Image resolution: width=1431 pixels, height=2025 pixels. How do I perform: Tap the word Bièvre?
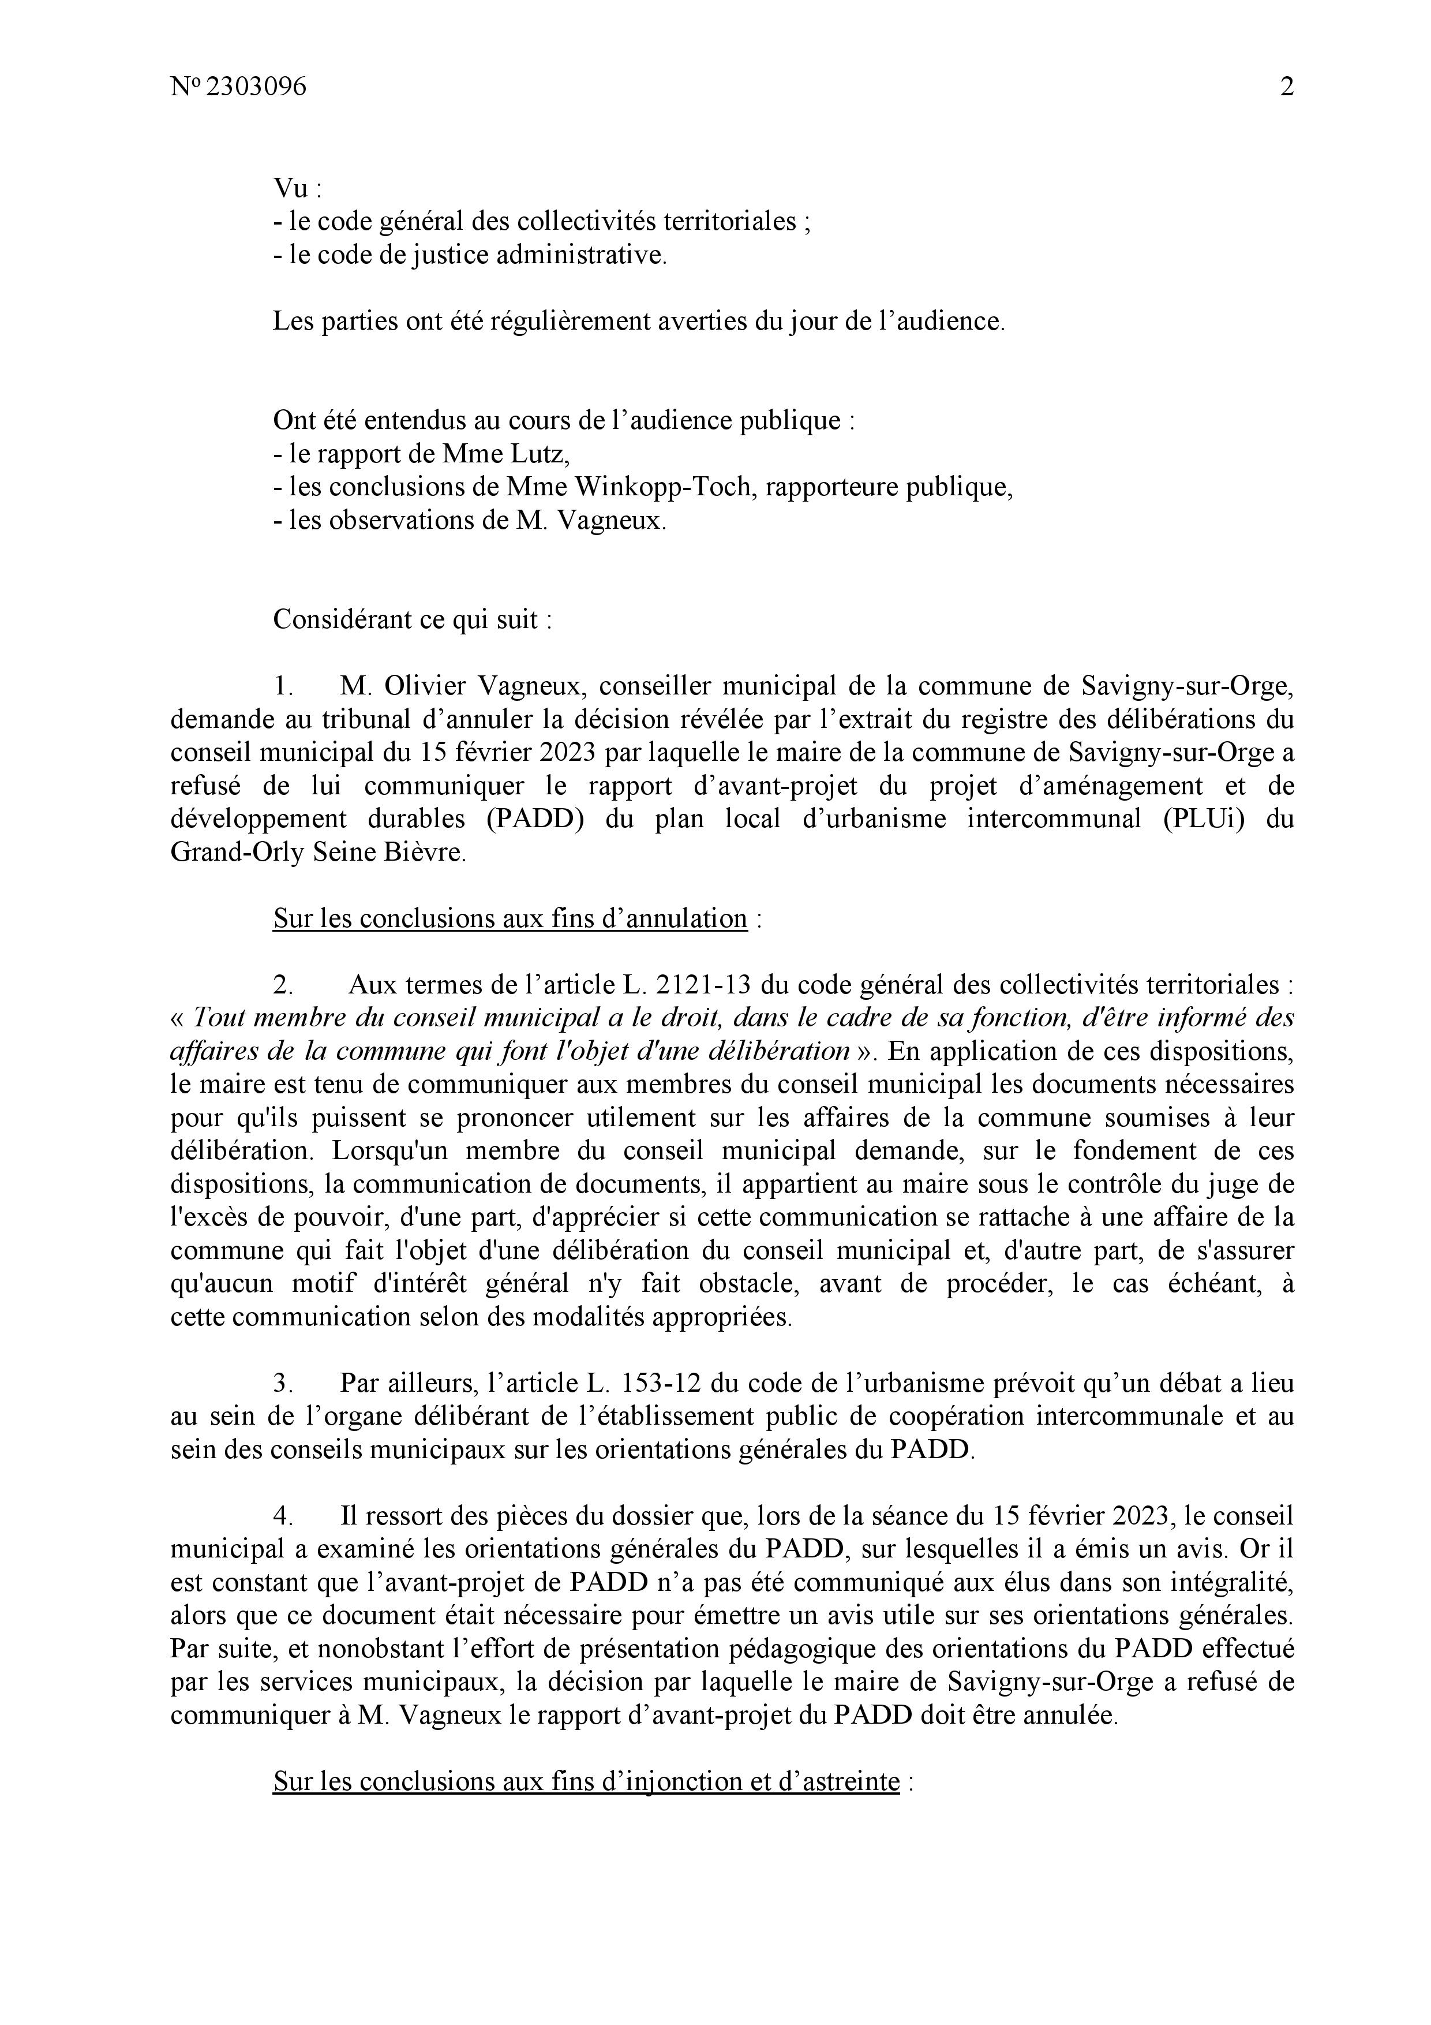[425, 852]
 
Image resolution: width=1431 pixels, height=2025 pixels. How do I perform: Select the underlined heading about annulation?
[510, 918]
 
